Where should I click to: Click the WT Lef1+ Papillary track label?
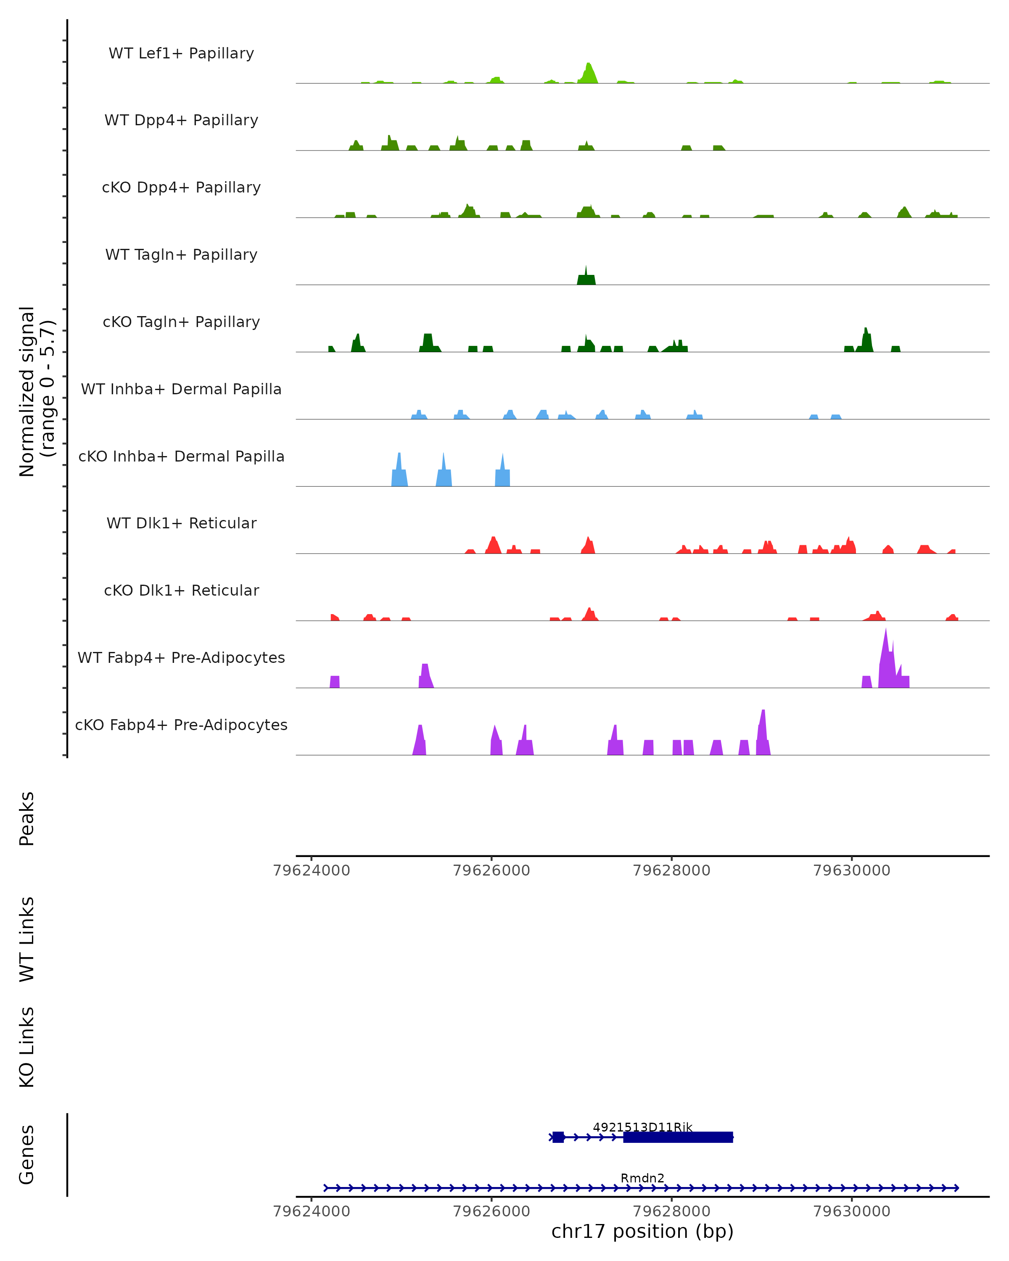pos(181,53)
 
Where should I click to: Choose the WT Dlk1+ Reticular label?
pos(181,523)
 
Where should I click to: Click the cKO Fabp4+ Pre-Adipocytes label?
pos(181,725)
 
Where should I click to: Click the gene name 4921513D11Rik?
pos(642,1127)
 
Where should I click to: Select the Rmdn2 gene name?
pos(642,1178)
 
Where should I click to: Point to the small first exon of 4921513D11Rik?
pos(558,1137)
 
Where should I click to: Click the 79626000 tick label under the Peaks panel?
pos(491,871)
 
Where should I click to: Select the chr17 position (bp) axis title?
pos(642,1231)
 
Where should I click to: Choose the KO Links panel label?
pos(27,1047)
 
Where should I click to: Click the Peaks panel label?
pos(27,818)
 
